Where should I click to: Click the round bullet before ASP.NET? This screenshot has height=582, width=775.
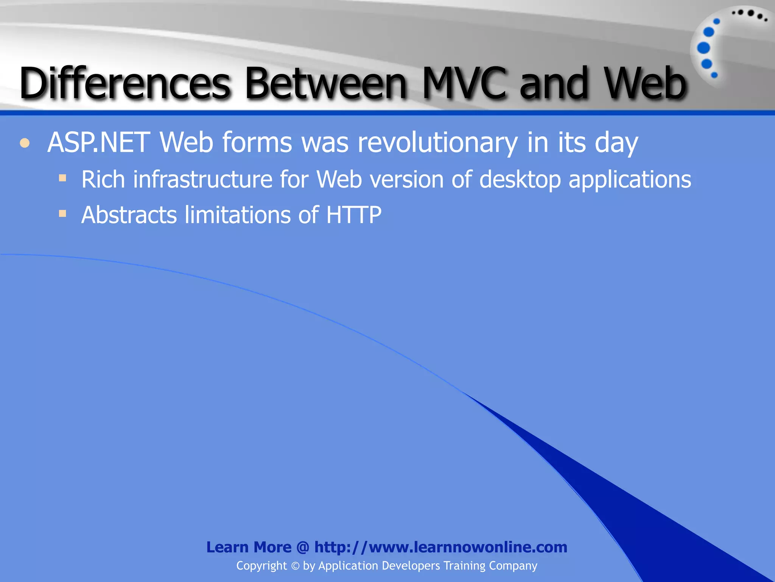25,143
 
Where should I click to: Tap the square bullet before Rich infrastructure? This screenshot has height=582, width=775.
62,178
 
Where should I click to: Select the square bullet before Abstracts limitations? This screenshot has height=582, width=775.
62,214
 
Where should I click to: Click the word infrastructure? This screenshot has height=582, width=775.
202,179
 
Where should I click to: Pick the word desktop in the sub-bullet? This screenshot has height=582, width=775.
520,179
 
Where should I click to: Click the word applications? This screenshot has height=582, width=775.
630,179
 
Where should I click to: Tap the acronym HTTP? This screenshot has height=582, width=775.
353,215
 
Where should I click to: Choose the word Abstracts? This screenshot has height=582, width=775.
129,215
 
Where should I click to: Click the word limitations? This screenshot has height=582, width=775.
238,215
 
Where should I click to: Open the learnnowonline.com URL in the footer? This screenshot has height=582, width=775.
440,547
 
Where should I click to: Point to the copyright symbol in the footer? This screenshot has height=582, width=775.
295,566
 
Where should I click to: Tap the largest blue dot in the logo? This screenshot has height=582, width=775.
703,48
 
